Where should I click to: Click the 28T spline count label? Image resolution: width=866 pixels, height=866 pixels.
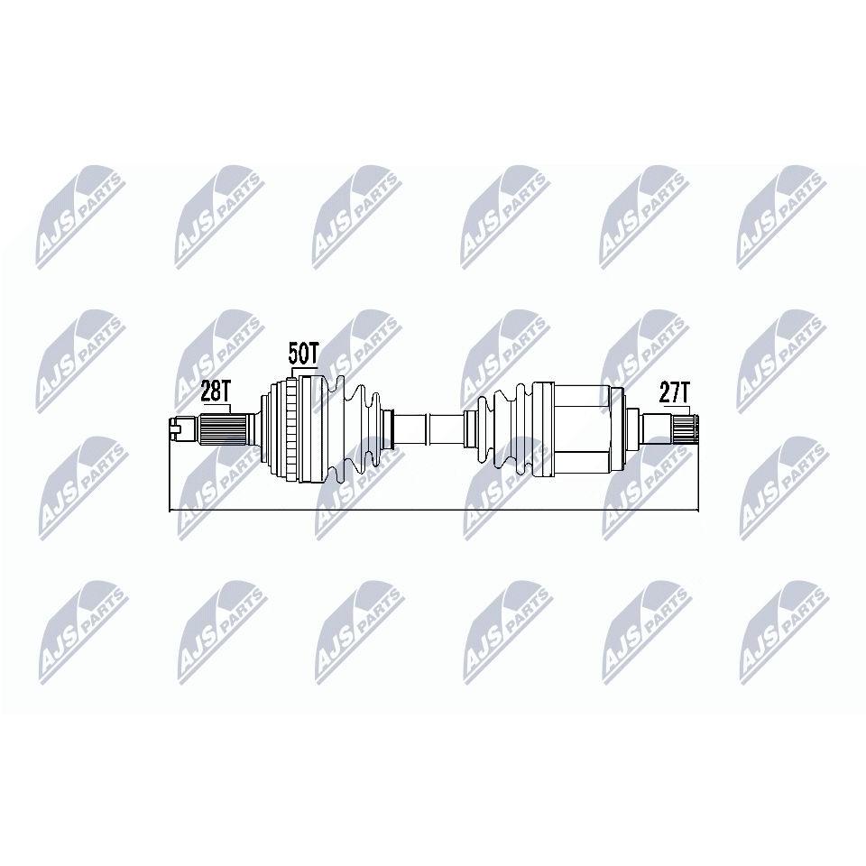click(x=215, y=392)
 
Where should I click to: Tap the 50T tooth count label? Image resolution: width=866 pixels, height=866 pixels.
click(x=304, y=354)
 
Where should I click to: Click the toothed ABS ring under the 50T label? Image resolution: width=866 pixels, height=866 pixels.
click(x=294, y=429)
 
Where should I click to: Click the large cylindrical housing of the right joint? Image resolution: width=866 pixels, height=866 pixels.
click(x=581, y=429)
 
